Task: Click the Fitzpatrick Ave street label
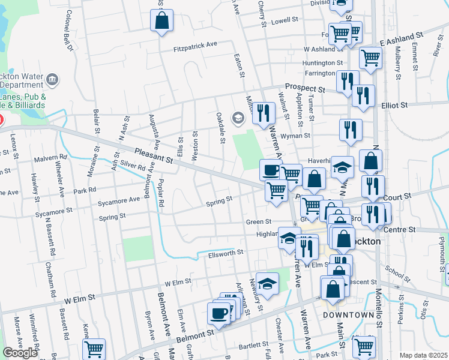click(195, 45)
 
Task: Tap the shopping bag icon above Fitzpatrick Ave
click(162, 21)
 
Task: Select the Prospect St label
click(305, 87)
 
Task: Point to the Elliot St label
click(394, 104)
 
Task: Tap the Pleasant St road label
click(154, 157)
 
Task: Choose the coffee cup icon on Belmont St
click(218, 313)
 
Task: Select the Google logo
click(20, 352)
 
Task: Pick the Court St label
click(399, 196)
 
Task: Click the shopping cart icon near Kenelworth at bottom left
click(94, 349)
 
